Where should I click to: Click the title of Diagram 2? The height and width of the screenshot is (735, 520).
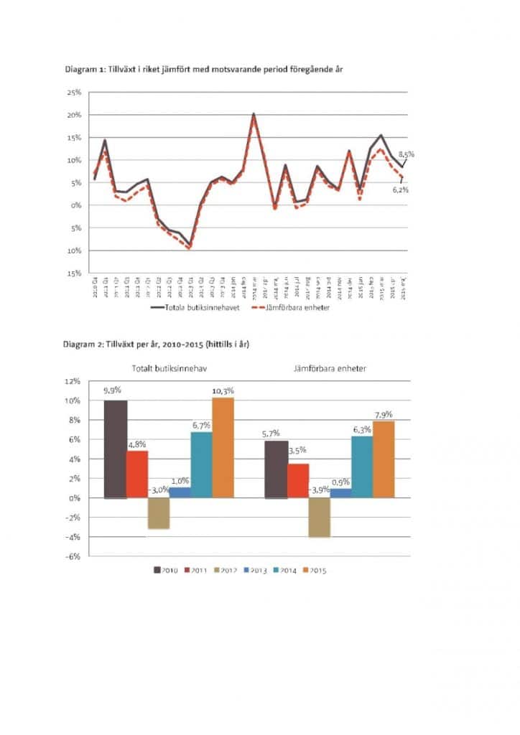click(156, 345)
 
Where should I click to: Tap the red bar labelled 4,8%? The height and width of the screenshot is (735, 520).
click(137, 474)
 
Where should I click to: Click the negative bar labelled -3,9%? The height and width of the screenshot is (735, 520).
click(319, 517)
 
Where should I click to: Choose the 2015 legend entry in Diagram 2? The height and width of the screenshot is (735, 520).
click(310, 571)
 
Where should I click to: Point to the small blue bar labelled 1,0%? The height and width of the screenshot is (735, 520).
click(180, 492)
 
